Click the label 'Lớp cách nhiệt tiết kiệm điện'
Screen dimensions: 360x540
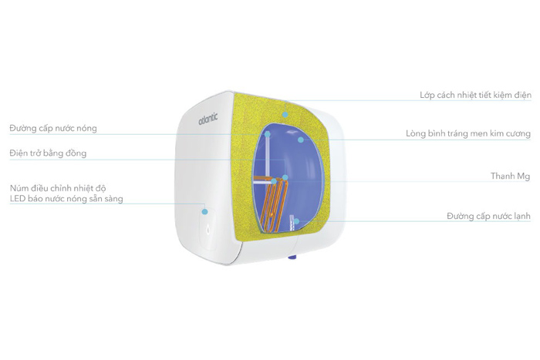point(474,96)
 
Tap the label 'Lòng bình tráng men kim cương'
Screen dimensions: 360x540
point(467,133)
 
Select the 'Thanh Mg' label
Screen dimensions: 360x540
point(510,177)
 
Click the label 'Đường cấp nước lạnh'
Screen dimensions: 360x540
point(488,217)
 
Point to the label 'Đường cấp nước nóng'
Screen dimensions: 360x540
point(53,128)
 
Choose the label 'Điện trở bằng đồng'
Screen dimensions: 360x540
point(48,153)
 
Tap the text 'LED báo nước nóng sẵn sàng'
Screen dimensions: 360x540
point(66,199)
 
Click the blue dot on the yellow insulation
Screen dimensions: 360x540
point(285,114)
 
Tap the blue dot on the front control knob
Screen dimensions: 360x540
point(204,210)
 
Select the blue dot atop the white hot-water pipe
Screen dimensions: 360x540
point(268,133)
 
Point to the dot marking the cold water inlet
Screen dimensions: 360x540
point(295,221)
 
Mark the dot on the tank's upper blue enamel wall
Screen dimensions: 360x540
point(301,140)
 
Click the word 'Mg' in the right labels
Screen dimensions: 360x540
point(523,177)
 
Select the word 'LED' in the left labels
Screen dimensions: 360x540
point(19,199)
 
